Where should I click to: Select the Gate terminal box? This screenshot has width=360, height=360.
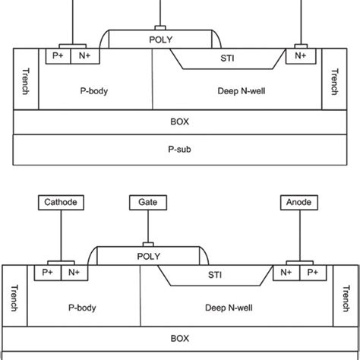coord(148,203)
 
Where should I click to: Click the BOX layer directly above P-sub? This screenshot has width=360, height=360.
coord(180,121)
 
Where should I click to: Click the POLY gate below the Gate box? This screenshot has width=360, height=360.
coord(148,256)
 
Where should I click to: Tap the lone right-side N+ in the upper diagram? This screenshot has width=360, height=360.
coord(302,55)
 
